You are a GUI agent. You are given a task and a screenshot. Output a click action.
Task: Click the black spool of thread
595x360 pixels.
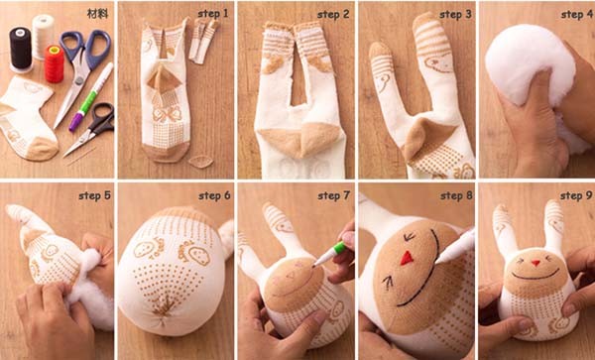21,50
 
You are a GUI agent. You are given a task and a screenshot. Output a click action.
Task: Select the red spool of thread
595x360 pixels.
55,63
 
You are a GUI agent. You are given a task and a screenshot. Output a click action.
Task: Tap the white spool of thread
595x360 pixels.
43,36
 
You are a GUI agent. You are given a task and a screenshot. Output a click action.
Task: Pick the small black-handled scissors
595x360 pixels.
92,128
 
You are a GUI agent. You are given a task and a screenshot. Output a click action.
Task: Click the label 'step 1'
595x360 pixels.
213,14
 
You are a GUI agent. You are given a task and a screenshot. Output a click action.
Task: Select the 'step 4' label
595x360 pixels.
576,15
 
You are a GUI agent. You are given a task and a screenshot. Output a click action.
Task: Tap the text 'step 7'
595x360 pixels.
333,195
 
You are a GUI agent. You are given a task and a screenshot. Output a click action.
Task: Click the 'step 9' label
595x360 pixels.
576,195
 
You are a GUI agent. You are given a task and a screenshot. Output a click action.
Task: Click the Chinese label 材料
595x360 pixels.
98,14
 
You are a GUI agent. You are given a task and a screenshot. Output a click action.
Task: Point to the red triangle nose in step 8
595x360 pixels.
407,258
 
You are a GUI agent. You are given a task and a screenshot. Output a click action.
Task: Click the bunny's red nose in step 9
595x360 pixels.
535,263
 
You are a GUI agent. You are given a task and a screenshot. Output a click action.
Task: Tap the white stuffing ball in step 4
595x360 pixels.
530,64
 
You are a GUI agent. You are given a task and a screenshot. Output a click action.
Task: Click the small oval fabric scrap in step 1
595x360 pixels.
200,162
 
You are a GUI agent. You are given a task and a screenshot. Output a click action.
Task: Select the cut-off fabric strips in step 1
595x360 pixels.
203,41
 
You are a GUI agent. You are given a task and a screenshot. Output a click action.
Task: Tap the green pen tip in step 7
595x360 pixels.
314,266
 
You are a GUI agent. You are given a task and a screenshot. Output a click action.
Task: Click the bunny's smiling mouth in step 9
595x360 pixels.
535,275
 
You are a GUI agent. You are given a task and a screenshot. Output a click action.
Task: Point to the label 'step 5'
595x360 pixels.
95,195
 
